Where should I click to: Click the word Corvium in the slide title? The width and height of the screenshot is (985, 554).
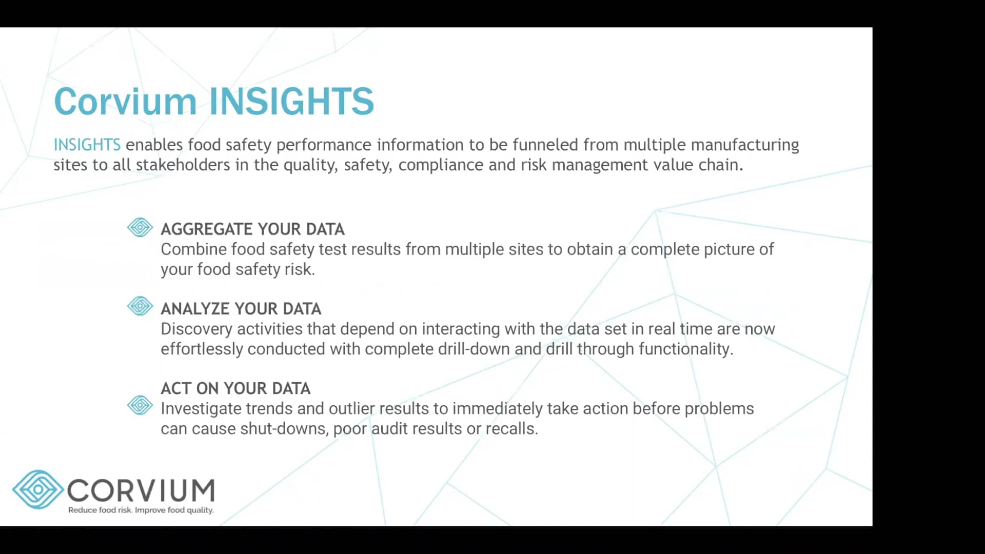(x=125, y=101)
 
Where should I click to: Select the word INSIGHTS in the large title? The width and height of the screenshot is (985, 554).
(x=291, y=101)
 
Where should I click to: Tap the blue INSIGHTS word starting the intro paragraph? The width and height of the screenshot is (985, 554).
(x=87, y=145)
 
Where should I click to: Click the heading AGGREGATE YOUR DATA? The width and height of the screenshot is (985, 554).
(x=252, y=229)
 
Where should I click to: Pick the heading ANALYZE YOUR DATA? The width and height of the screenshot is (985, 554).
(x=241, y=309)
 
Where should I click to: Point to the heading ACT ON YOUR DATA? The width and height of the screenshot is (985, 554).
(x=235, y=388)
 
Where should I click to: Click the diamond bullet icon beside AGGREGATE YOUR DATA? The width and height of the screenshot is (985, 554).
(x=140, y=227)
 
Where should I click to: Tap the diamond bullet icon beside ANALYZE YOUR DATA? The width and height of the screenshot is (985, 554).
(x=140, y=306)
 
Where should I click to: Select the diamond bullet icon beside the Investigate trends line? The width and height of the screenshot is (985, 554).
(x=140, y=406)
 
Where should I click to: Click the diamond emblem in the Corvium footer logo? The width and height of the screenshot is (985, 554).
(x=37, y=489)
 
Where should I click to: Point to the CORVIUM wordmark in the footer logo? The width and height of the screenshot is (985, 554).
(x=141, y=490)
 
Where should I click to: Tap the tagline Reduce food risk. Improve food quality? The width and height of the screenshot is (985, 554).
(x=141, y=510)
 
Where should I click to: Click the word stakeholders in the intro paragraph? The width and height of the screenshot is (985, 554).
(x=183, y=165)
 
